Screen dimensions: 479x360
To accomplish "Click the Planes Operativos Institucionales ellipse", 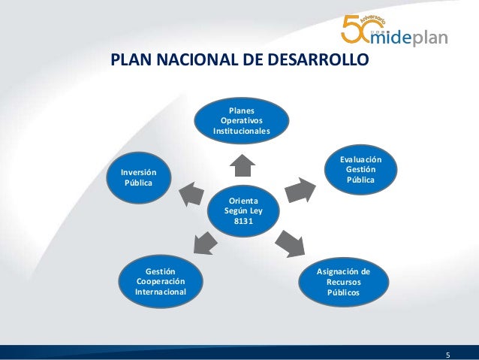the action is pyautogui.click(x=241, y=119).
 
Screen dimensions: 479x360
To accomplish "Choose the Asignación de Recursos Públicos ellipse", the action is pyautogui.click(x=343, y=281).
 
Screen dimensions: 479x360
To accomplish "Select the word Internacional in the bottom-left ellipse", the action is pyautogui.click(x=160, y=291).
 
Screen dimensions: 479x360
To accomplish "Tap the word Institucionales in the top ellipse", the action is pyautogui.click(x=241, y=131).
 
